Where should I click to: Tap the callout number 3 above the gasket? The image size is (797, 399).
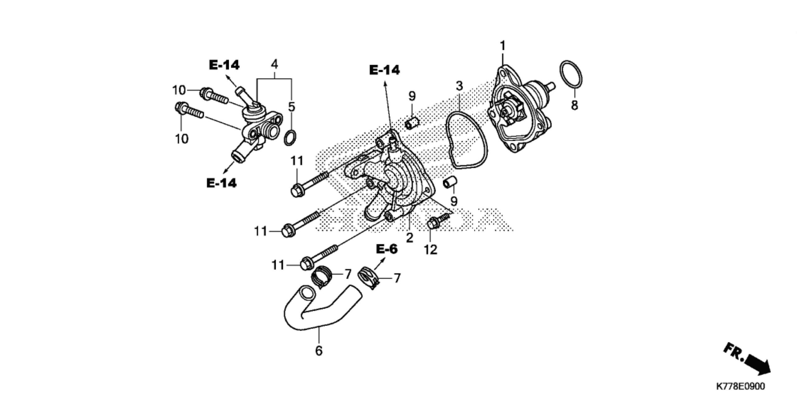(459, 86)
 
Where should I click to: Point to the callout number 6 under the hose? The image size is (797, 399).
(318, 351)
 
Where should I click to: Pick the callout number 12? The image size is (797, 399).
(431, 249)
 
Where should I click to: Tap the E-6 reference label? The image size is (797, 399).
(387, 249)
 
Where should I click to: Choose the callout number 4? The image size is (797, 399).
(274, 64)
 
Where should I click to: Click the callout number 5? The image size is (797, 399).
(291, 107)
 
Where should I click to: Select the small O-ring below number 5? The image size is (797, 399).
(290, 138)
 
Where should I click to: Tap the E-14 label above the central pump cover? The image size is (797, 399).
(384, 70)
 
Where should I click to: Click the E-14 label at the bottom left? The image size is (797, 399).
(221, 183)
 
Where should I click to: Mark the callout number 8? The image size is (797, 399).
(574, 105)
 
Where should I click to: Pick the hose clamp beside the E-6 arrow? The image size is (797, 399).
(369, 278)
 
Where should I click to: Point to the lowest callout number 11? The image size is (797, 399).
(278, 265)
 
